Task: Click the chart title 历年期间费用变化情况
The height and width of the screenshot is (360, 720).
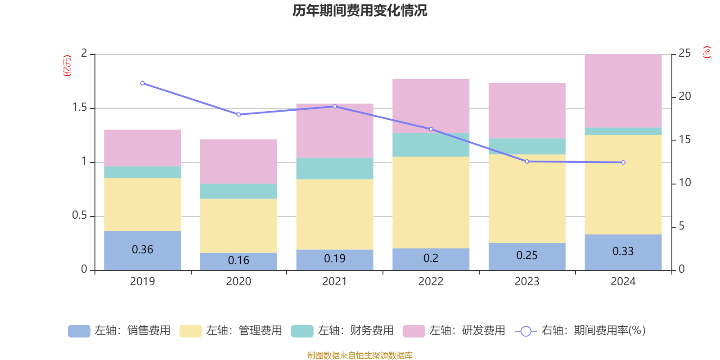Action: tap(360, 10)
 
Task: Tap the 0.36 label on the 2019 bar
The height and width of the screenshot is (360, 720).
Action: tap(143, 250)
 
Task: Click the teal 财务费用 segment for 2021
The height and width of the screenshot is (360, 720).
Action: tap(334, 168)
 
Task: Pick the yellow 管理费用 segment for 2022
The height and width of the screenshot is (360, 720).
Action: tap(431, 202)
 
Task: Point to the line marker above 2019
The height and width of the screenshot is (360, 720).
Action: tap(143, 83)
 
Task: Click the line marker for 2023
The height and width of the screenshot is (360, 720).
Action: tap(527, 161)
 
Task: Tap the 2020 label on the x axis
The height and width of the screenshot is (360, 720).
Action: tap(238, 282)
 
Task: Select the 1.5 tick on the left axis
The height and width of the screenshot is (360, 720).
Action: tap(80, 108)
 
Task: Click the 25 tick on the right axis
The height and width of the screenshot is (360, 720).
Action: tap(684, 54)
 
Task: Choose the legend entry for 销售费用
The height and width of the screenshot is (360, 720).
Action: tap(119, 331)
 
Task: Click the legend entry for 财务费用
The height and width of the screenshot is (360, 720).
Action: tap(342, 331)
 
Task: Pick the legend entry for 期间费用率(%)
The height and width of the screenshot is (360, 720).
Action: tap(580, 331)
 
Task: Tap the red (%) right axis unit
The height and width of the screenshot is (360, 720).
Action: tap(706, 52)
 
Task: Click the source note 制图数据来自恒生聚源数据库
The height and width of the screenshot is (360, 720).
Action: tap(360, 355)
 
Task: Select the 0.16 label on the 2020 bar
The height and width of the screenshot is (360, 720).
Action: tap(238, 261)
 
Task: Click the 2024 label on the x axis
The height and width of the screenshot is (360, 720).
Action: tap(623, 282)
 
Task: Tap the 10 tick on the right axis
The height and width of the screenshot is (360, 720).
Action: tap(684, 183)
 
